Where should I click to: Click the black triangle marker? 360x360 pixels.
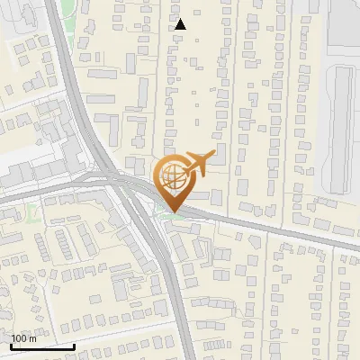point(180,24)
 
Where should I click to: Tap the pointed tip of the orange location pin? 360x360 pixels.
point(174,213)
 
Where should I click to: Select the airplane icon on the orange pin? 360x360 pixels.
point(196,165)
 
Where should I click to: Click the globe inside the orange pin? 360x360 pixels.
point(174,177)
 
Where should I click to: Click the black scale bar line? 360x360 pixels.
point(43,346)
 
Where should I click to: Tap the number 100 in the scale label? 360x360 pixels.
point(20,339)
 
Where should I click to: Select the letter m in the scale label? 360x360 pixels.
point(32,339)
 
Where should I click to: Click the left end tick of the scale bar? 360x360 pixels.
point(12,345)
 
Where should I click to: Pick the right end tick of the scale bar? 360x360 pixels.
point(75,345)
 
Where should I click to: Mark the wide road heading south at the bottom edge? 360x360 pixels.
point(180,333)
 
